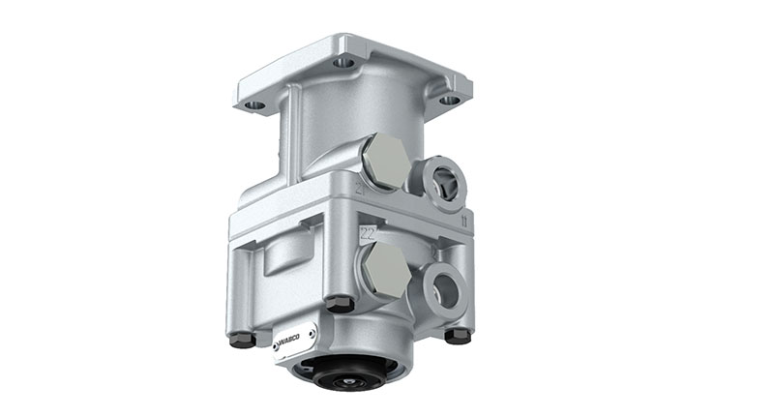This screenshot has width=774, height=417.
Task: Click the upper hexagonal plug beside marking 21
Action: tap(386, 161)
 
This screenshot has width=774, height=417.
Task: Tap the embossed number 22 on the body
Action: tap(367, 233)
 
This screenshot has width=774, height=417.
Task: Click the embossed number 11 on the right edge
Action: tap(466, 223)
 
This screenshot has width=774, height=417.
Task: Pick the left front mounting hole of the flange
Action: tap(254, 104)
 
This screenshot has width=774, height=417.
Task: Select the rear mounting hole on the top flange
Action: tap(342, 62)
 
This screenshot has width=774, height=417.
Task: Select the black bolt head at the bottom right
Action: tap(457, 335)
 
